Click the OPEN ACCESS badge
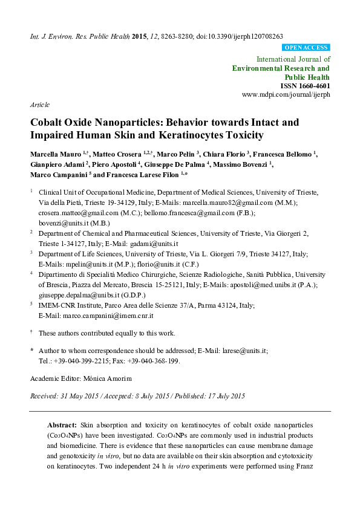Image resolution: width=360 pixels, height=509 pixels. [306, 47]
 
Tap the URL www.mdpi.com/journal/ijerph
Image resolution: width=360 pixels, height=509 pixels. [286, 95]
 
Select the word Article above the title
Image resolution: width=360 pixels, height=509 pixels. [39, 104]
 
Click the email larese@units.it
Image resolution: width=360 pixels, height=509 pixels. [248, 351]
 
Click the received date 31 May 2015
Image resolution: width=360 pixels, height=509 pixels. [80, 397]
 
